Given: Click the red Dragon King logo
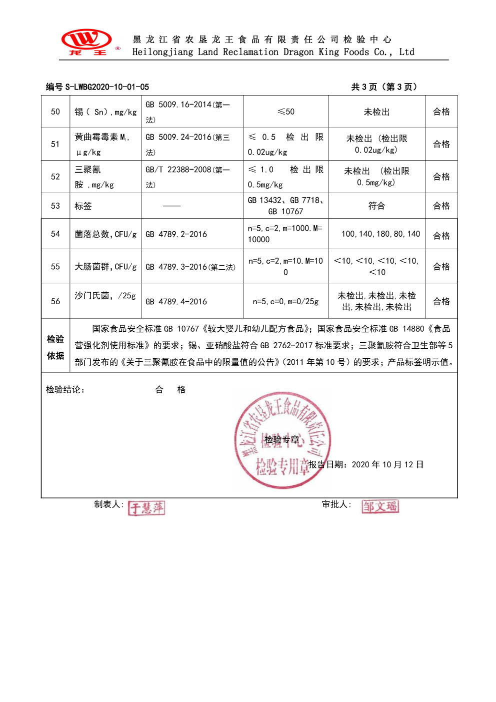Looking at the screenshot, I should pyautogui.click(x=86, y=42).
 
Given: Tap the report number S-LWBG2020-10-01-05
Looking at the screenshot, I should pyautogui.click(x=97, y=87).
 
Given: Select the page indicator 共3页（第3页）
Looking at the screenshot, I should pyautogui.click(x=384, y=87).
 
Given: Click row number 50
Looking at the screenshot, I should pyautogui.click(x=55, y=112).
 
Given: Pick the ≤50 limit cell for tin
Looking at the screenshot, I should pyautogui.click(x=286, y=112).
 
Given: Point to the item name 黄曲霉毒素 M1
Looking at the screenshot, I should pyautogui.click(x=102, y=137).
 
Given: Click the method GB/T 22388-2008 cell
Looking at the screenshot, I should pyautogui.click(x=187, y=177).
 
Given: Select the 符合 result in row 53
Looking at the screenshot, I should pyautogui.click(x=376, y=206).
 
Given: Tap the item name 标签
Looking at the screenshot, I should pyautogui.click(x=83, y=206).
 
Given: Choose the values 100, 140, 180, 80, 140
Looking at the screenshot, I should pyautogui.click(x=380, y=234).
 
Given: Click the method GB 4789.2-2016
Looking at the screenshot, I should pyautogui.click(x=176, y=234).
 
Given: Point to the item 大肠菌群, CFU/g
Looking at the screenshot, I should pyautogui.click(x=105, y=267).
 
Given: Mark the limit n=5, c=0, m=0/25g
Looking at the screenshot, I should pyautogui.click(x=285, y=302).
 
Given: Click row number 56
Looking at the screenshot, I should pyautogui.click(x=55, y=301).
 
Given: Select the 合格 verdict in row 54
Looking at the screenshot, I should pyautogui.click(x=441, y=236).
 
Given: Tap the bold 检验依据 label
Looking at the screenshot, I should pyautogui.click(x=55, y=347).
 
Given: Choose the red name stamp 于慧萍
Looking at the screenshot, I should pyautogui.click(x=146, y=508).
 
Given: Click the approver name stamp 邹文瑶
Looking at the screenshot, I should pyautogui.click(x=380, y=506).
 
